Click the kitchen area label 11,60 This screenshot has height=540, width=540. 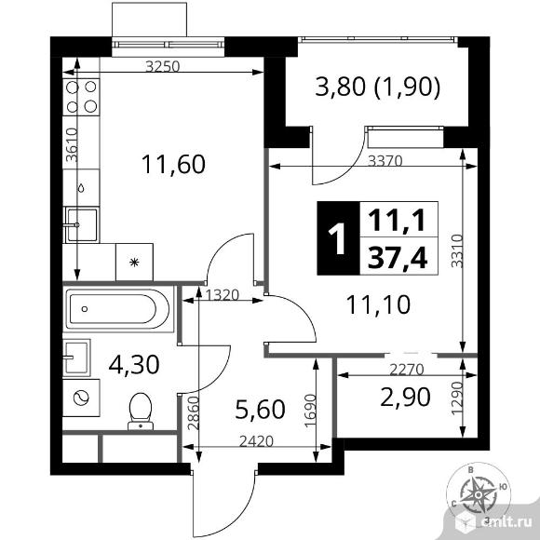173,164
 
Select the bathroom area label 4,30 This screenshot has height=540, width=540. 134,365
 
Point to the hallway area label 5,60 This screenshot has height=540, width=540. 260,410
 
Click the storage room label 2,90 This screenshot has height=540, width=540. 405,397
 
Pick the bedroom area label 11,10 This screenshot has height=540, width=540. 378,304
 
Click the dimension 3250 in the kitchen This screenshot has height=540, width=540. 163,66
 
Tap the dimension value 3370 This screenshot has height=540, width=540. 385,160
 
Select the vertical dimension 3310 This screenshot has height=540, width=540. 457,250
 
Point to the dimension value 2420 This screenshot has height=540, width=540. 256,441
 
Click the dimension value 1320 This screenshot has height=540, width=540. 223,295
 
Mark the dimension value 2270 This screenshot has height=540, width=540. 406,370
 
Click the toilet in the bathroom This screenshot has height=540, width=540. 141,412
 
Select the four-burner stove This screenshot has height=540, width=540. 81,97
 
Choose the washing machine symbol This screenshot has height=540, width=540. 81,398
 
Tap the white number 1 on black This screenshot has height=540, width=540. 337,238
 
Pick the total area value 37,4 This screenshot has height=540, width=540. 398,258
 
